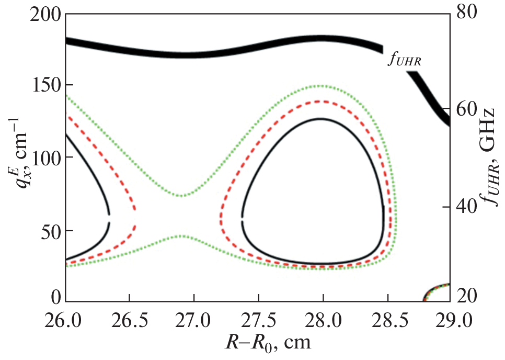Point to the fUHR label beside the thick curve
click(x=405, y=60)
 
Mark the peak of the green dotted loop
click(x=320, y=85)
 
